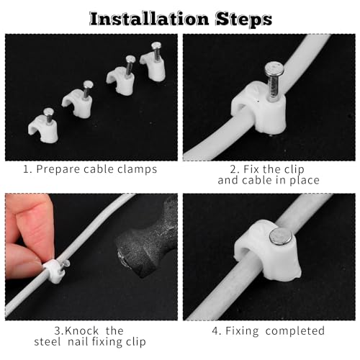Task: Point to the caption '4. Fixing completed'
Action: tap(268, 331)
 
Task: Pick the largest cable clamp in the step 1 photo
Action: tap(152, 68)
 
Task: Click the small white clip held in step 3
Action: tap(53, 272)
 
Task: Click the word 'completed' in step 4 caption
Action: tap(294, 331)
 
